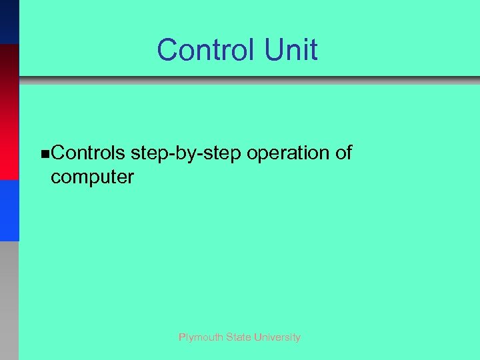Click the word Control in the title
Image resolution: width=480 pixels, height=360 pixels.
coord(199,50)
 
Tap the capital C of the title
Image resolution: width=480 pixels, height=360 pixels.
coord(167,50)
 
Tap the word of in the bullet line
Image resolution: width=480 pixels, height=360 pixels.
coord(343,153)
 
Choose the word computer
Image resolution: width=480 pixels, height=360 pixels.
coord(92,177)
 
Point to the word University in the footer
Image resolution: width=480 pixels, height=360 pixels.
coord(279,337)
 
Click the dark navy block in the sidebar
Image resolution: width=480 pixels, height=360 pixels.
coord(9,21)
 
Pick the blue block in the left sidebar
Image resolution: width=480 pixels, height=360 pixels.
coord(9,210)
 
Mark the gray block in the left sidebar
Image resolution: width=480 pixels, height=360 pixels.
coord(9,300)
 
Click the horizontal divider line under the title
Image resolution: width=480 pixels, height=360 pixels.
coord(249,81)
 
